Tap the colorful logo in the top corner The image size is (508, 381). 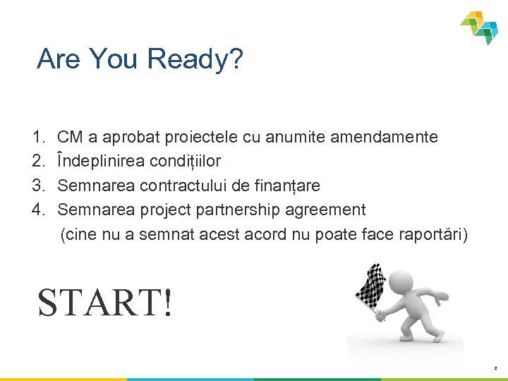click(x=480, y=27)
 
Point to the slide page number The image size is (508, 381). click(x=495, y=368)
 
